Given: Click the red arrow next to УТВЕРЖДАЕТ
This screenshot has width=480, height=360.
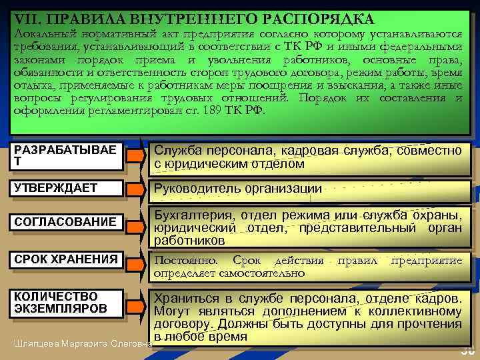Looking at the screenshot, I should [x=136, y=190].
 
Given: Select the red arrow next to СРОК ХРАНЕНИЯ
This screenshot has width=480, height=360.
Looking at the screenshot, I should [x=136, y=261].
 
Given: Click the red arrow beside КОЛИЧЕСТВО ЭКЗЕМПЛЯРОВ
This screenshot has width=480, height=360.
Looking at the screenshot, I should [x=136, y=305].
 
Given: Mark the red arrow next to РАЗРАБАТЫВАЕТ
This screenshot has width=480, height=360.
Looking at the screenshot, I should [x=136, y=157].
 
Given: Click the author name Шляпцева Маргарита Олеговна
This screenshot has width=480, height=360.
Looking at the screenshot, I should [x=81, y=343].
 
